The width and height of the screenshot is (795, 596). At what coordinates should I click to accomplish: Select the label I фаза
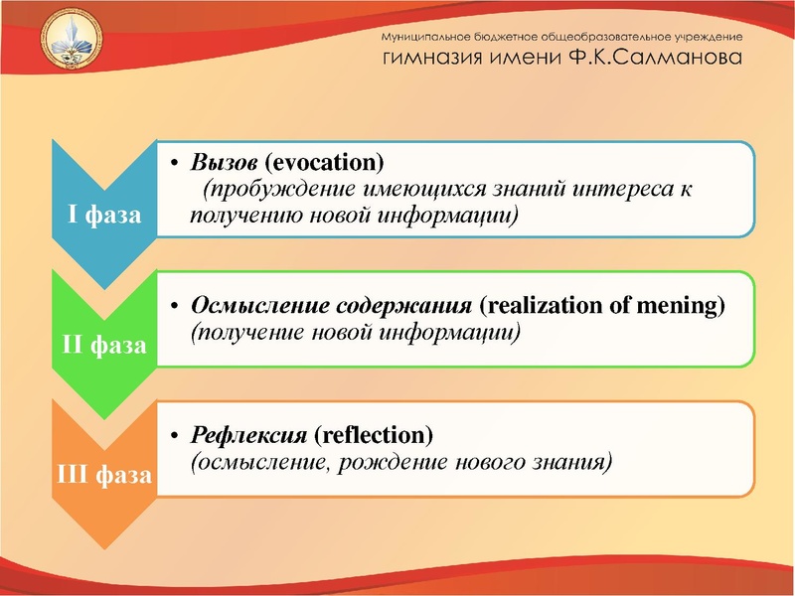tap(103, 216)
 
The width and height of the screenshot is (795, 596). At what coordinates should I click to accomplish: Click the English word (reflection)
tap(374, 436)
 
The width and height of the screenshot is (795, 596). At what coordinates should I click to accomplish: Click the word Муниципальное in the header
tap(431, 36)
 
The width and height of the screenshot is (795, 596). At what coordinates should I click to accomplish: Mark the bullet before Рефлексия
tap(173, 436)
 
